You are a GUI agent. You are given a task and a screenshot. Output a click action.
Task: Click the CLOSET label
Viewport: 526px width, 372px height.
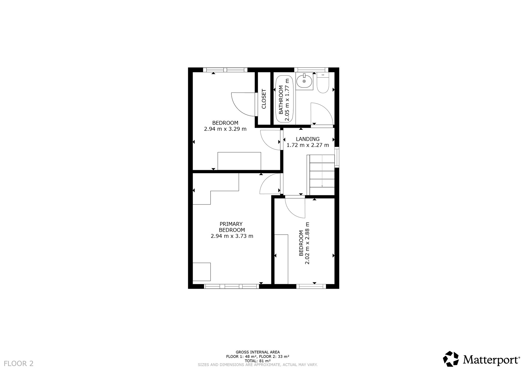click(x=264, y=99)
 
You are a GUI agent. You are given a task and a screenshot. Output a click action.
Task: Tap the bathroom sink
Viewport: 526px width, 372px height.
click(x=304, y=81)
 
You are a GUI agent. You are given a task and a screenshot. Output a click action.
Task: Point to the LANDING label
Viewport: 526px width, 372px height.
click(x=308, y=139)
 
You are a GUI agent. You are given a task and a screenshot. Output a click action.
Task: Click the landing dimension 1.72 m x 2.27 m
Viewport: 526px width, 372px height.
click(x=308, y=145)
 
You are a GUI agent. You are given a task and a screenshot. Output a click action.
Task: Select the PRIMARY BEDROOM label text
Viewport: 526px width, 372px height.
click(x=232, y=227)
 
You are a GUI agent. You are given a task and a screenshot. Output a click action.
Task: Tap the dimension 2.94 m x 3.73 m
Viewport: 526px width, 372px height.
click(x=232, y=236)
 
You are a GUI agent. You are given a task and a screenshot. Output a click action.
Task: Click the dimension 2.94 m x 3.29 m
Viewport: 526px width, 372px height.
click(x=225, y=129)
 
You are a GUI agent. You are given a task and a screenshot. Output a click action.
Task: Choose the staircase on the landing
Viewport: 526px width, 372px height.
click(x=321, y=175)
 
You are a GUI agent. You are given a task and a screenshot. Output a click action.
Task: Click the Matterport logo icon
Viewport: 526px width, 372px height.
click(x=451, y=359)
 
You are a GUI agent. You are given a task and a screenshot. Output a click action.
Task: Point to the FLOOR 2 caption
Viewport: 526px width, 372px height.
click(x=19, y=364)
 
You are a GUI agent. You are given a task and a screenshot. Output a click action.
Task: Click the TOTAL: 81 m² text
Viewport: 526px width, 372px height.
click(x=258, y=361)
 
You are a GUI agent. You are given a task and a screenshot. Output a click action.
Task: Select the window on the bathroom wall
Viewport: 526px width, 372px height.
click(x=311, y=69)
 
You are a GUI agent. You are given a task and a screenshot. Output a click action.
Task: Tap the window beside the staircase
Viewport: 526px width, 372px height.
click(x=337, y=157)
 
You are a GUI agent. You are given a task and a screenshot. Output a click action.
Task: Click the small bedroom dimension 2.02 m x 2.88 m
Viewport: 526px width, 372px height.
click(x=304, y=243)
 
